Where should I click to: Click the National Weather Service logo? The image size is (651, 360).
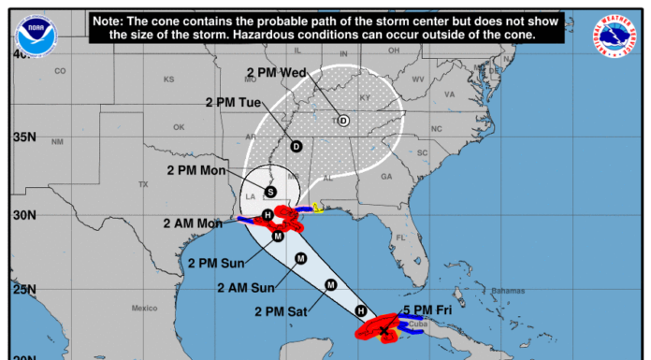(x=613, y=35)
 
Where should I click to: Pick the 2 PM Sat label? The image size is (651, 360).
(x=285, y=311)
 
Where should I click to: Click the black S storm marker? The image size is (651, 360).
(x=270, y=192)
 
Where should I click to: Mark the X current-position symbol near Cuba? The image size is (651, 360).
(x=383, y=330)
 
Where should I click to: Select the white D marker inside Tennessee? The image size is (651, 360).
(x=343, y=121)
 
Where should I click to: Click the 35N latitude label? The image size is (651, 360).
(x=24, y=137)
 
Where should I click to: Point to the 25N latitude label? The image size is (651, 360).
(x=24, y=290)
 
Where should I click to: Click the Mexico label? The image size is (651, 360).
(x=144, y=308)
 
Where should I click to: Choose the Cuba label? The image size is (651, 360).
(x=417, y=325)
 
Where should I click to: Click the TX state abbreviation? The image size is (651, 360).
(x=143, y=184)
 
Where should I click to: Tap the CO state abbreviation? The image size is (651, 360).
(x=62, y=71)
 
